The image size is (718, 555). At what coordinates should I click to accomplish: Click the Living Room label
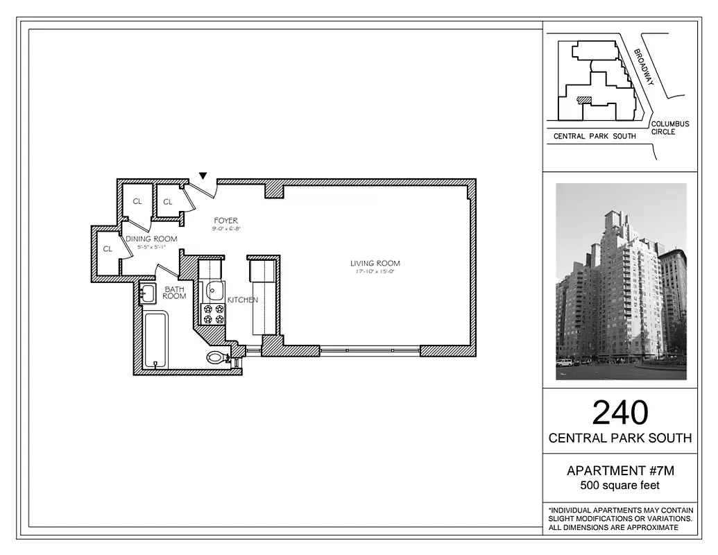pos(375,264)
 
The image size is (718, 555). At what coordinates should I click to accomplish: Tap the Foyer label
pos(225,221)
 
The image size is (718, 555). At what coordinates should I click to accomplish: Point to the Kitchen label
pos(243,300)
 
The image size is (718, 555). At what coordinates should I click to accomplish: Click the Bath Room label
pos(174,292)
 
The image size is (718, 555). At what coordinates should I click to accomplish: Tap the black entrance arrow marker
pos(203,176)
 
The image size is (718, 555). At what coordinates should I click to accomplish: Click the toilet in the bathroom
pos(219,358)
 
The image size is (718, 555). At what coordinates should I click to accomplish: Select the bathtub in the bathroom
pos(155,340)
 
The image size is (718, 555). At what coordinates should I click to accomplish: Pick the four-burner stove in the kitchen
pos(213,314)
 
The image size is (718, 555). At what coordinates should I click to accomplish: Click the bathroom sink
pos(147,294)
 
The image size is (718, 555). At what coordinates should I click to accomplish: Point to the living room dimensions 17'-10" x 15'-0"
pos(375,272)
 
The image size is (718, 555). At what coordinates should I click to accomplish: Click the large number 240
pos(619,413)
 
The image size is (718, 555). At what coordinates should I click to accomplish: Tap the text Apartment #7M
pos(620,471)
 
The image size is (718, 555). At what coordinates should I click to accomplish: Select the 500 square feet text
pos(620,486)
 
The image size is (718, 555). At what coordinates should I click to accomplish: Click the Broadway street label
pos(644,67)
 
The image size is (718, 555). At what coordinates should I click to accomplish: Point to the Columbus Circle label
pos(670,128)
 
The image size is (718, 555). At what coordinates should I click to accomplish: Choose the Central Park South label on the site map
pos(595,137)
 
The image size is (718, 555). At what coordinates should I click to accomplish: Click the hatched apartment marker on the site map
pos(585,100)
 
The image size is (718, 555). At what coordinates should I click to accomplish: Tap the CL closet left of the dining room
pos(108,248)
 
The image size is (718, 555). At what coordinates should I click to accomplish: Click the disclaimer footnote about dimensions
pos(620,519)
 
